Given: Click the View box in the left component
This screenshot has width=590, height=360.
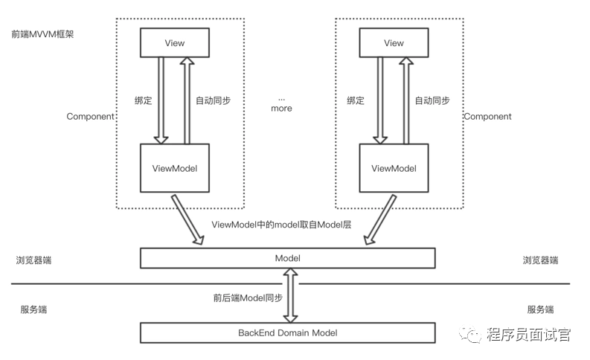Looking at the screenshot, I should pos(174,43).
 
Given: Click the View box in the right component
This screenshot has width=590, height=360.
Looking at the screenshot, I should pos(394,43).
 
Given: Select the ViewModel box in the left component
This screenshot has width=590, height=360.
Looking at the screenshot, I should pos(174,168).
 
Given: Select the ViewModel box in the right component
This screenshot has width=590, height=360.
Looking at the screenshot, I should pos(394,168).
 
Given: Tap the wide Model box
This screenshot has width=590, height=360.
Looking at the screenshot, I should pos(287,257).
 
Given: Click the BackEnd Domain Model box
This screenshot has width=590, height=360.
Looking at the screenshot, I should pos(287,332).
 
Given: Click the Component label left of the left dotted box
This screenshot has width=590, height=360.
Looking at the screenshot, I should pos(90,117).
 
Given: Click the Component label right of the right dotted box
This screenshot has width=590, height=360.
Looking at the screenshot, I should pos(487,117).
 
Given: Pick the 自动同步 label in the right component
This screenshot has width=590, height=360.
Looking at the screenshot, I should pos(432,100).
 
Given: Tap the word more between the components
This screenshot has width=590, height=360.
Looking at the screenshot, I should pos(281,109).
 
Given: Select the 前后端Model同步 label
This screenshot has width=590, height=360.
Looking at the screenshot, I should pos(248,298).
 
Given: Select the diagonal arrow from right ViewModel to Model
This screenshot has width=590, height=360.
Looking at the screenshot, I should pos(379,219).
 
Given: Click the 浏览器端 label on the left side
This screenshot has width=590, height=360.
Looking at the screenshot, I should pos(33,261).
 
